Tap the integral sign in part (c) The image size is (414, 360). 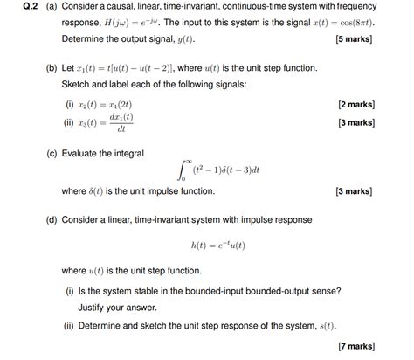pos(182,170)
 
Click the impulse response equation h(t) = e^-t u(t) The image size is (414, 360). pos(218,246)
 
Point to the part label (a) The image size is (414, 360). pos(51,7)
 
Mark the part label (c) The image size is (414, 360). pos(51,152)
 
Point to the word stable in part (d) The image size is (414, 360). pos(159,290)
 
